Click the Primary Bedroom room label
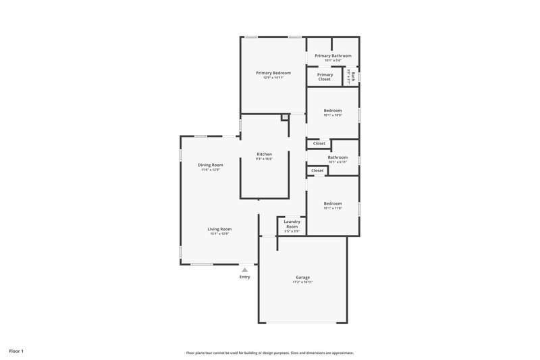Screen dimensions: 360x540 (x=273, y=72)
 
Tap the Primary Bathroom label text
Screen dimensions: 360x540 (x=333, y=55)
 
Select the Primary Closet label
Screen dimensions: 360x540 (x=325, y=77)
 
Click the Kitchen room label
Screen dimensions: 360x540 (x=264, y=155)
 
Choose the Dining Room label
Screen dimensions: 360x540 (x=210, y=165)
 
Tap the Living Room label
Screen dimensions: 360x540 (x=219, y=229)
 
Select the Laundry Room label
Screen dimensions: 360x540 (x=292, y=224)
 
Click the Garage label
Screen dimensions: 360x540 (x=302, y=277)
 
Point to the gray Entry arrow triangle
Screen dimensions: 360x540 (x=244, y=269)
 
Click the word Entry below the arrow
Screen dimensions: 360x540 (x=244, y=277)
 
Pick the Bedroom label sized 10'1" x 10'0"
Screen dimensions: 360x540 (x=333, y=110)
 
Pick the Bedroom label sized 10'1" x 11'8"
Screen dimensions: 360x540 (x=333, y=203)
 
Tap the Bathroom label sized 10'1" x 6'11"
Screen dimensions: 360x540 (x=337, y=157)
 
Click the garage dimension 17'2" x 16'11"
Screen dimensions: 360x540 (x=302, y=282)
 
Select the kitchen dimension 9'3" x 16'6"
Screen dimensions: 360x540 (x=264, y=159)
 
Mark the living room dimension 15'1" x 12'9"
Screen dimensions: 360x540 (x=219, y=234)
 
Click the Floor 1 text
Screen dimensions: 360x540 (x=17, y=352)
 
